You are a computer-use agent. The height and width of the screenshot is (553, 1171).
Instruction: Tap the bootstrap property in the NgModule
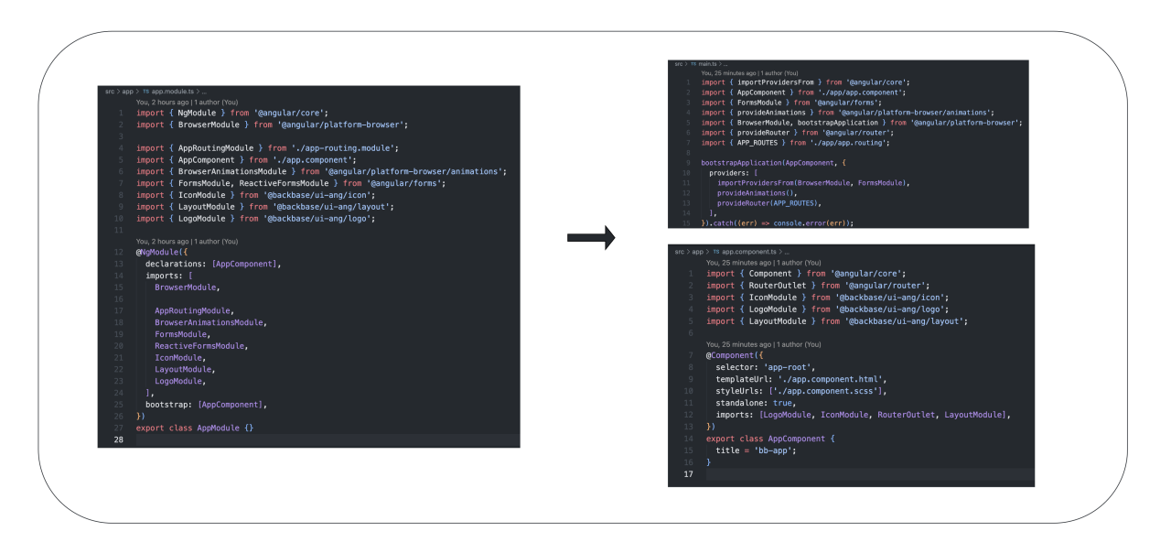[167, 404]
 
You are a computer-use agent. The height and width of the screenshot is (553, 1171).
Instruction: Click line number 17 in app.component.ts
[689, 475]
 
